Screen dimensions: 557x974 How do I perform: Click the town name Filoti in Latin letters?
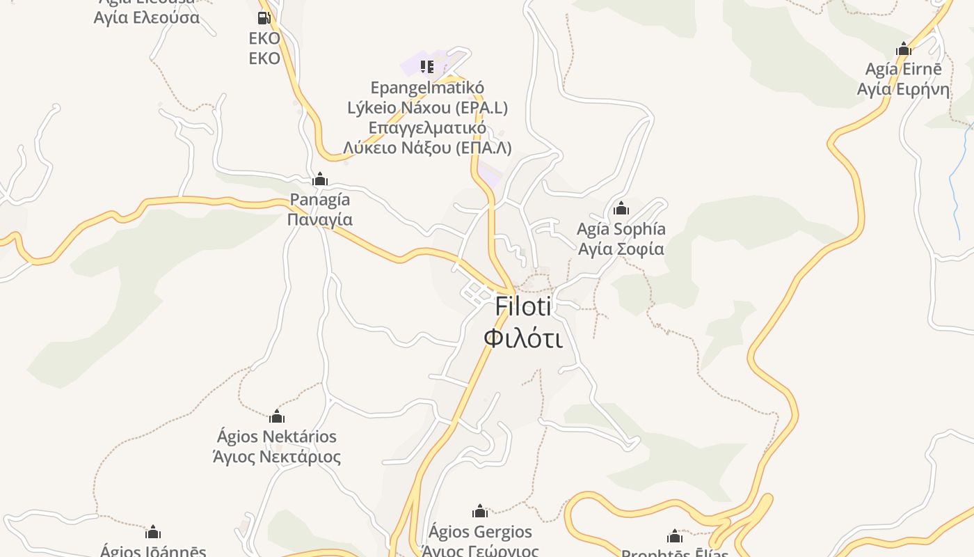click(523, 306)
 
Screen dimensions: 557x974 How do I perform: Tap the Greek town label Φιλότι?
click(523, 338)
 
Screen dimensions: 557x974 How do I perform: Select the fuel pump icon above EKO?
click(264, 18)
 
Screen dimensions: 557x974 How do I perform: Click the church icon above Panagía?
click(320, 180)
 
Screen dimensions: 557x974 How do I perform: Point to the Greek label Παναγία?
click(320, 220)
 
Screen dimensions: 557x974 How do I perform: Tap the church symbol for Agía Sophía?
click(621, 208)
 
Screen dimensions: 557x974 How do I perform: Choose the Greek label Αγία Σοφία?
click(621, 249)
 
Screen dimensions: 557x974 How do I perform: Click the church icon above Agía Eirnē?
click(904, 49)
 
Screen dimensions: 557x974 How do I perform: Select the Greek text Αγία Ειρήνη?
click(904, 89)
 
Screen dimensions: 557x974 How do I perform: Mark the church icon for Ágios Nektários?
click(277, 416)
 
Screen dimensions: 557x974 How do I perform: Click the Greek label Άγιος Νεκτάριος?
click(277, 457)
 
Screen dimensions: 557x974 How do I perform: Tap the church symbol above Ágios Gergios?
click(480, 512)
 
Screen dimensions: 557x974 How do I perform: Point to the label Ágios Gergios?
click(480, 533)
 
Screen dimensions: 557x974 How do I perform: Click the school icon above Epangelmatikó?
click(427, 67)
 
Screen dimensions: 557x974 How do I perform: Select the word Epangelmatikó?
click(427, 88)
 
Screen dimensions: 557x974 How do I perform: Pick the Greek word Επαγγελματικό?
click(427, 128)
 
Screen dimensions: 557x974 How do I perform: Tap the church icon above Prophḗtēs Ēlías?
click(675, 537)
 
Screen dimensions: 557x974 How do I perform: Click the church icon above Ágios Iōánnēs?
click(153, 533)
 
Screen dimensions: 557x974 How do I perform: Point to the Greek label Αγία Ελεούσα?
click(147, 18)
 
